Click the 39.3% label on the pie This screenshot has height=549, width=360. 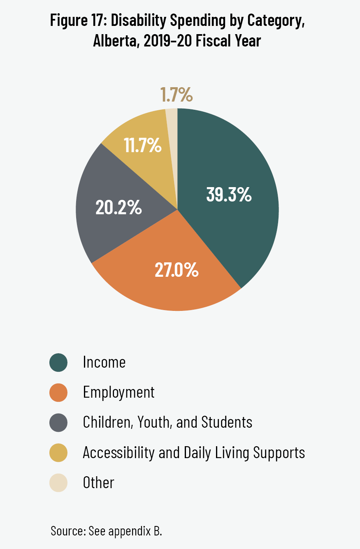[x=228, y=195]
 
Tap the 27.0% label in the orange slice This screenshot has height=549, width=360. [x=177, y=270]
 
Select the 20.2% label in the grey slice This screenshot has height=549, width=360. [x=118, y=208]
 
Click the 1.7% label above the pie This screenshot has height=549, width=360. [x=176, y=95]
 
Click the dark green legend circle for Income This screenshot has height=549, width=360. [x=58, y=362]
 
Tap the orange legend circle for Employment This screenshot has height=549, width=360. [x=58, y=392]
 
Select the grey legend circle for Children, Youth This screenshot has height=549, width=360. [x=58, y=422]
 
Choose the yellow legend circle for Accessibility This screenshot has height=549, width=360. [x=58, y=452]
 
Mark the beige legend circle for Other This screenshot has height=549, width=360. [x=58, y=482]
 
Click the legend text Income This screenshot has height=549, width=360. [x=104, y=362]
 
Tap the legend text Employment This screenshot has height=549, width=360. [x=118, y=392]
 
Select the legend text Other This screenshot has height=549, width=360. [x=98, y=482]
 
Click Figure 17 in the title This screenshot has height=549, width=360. [x=77, y=21]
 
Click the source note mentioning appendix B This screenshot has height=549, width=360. [x=107, y=530]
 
